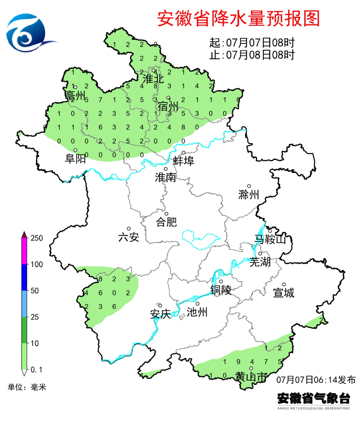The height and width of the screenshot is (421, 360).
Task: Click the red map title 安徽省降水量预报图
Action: point(238,18)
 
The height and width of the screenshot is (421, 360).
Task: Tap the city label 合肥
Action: point(166,222)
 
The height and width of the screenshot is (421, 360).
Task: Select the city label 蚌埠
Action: point(183,161)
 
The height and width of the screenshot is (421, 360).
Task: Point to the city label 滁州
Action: point(249,194)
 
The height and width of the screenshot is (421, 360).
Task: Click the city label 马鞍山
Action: point(270,239)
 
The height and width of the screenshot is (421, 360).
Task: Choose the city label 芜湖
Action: point(260,262)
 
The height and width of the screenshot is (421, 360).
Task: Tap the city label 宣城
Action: point(284,292)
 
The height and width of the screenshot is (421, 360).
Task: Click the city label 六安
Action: point(129,237)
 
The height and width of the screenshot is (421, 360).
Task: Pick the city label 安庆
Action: point(160,314)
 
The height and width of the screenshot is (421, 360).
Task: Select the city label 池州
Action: point(197,312)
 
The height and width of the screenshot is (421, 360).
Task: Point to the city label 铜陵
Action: point(221,290)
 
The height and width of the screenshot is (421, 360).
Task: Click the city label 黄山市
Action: point(251,377)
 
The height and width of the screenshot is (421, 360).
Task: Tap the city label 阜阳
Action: point(75,159)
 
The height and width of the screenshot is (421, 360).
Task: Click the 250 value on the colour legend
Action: point(37,238)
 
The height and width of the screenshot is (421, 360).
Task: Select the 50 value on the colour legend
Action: point(35,290)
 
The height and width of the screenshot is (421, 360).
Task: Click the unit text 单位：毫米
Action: point(27,387)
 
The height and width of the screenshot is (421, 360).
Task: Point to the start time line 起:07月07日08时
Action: point(252,43)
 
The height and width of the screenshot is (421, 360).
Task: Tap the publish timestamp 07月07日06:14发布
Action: point(316,380)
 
